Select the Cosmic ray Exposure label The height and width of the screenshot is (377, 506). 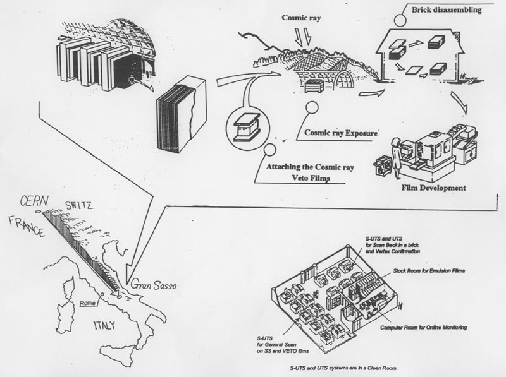pos(342,133)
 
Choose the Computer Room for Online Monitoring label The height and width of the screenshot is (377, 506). pos(424,328)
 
